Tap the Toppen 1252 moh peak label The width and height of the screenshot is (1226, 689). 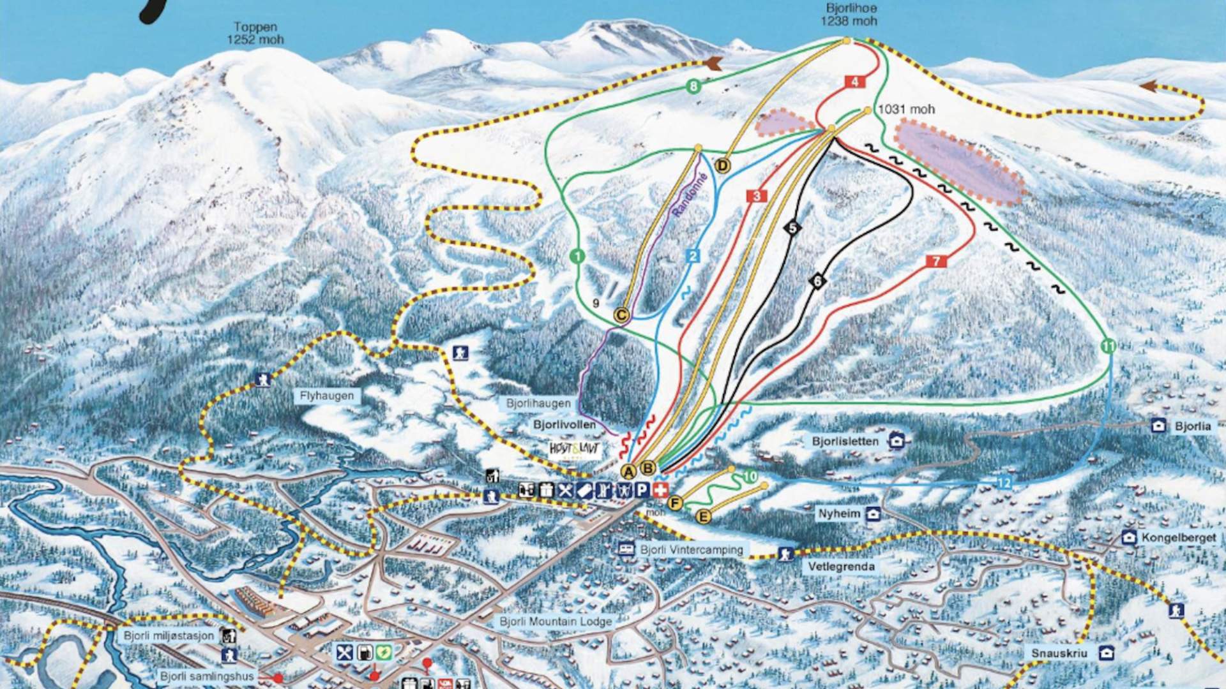(x=255, y=33)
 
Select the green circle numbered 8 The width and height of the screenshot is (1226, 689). (x=693, y=87)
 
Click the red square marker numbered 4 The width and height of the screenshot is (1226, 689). (x=854, y=82)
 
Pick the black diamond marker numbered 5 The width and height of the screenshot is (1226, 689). (x=792, y=228)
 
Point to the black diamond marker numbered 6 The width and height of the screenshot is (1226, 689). (x=817, y=281)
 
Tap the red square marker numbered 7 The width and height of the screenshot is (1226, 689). (x=936, y=261)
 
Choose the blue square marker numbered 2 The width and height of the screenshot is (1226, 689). (x=693, y=256)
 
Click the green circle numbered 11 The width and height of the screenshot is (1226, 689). (x=1109, y=346)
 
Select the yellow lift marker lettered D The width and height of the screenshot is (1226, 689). (x=722, y=166)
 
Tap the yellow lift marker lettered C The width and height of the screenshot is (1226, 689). (x=621, y=315)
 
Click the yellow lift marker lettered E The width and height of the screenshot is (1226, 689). (x=703, y=517)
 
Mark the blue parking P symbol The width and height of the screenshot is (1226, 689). (x=642, y=490)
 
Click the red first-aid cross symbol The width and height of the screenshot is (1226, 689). (x=660, y=490)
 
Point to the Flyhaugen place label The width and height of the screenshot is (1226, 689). (x=326, y=396)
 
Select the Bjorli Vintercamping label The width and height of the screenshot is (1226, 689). (x=692, y=549)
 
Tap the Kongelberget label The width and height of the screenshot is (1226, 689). (x=1178, y=538)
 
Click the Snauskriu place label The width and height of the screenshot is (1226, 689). (x=1059, y=653)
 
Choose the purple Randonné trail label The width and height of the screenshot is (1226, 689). (x=690, y=195)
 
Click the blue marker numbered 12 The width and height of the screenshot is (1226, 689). (x=1004, y=482)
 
